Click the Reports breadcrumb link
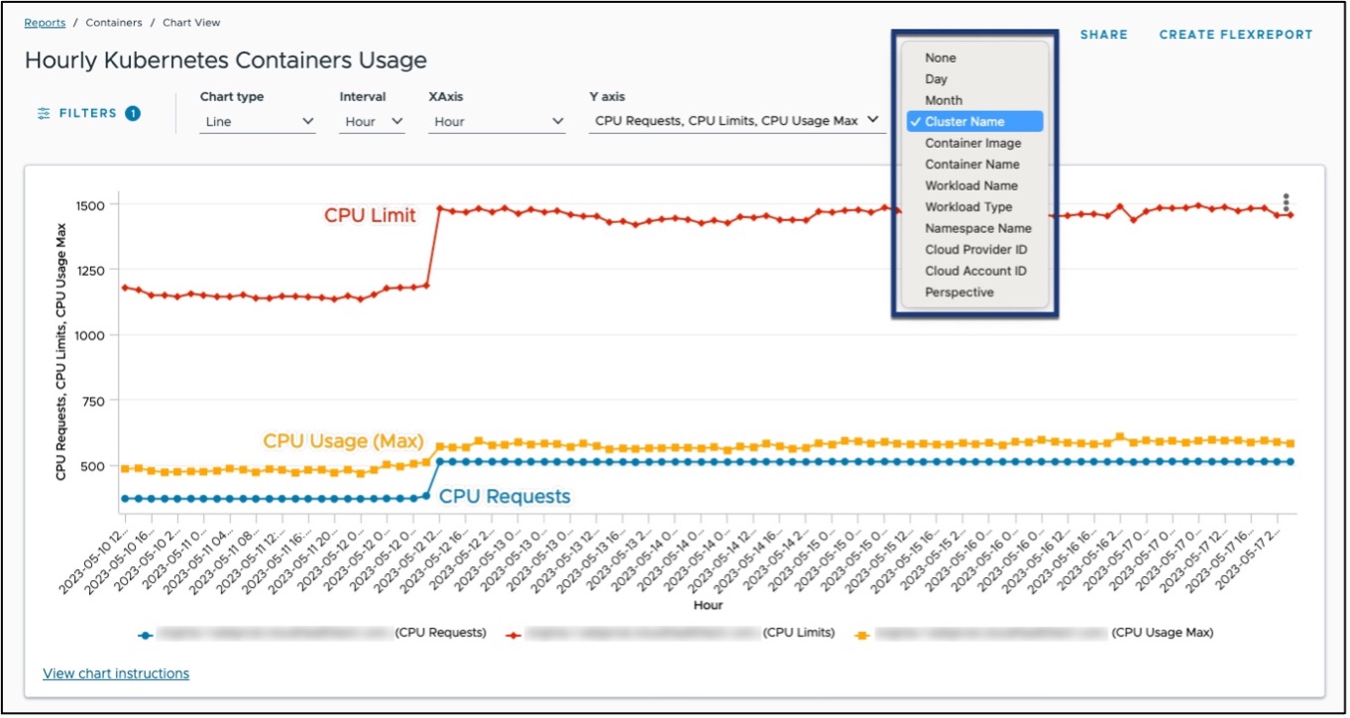click(45, 22)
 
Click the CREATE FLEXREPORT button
click(1235, 35)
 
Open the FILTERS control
click(88, 113)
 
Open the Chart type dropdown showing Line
click(257, 122)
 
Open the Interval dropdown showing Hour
click(374, 122)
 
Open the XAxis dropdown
click(497, 122)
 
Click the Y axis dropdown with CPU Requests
click(736, 121)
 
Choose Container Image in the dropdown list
click(972, 143)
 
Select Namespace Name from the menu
click(977, 228)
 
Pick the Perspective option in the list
click(958, 293)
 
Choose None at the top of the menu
click(940, 58)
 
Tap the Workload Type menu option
click(968, 207)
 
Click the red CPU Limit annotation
click(370, 215)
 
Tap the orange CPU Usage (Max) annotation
click(342, 440)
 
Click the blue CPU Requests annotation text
click(505, 496)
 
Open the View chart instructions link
click(116, 673)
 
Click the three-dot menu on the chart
click(1286, 202)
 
